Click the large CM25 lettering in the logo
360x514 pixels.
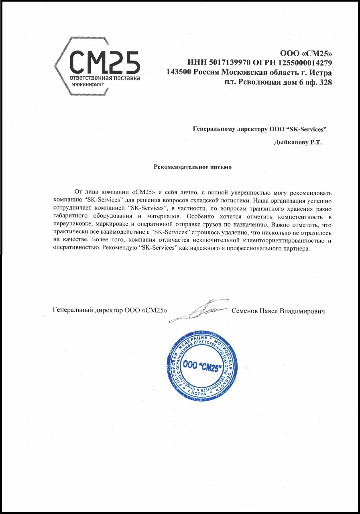coord(105,62)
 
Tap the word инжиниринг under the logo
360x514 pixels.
coord(88,85)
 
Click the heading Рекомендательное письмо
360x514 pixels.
coord(193,166)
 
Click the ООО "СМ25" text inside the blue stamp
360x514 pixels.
coord(200,365)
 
